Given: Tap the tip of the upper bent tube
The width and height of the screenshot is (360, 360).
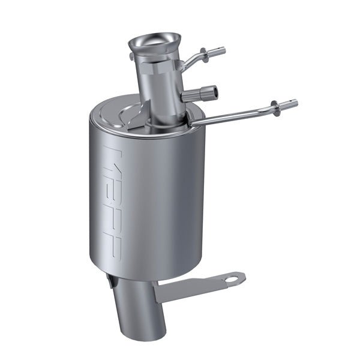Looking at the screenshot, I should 223,50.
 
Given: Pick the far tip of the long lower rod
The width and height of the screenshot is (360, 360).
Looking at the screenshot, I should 295,103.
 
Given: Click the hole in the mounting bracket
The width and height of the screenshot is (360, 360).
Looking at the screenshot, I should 233,278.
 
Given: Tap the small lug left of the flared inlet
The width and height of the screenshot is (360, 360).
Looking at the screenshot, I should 131,56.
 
